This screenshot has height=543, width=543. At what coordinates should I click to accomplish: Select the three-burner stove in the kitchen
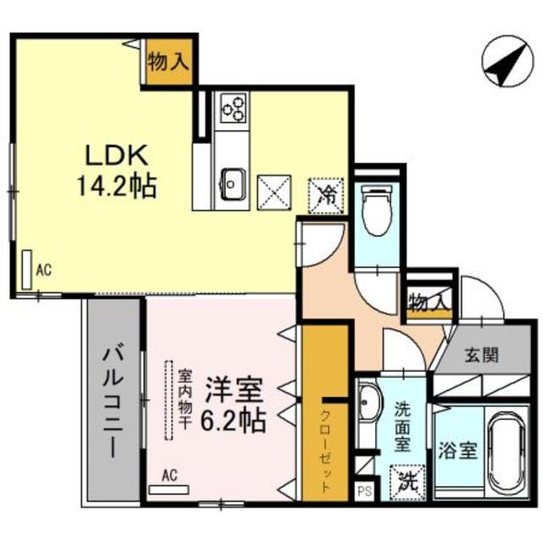tap(233, 108)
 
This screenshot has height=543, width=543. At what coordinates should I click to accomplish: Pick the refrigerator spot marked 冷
tap(326, 193)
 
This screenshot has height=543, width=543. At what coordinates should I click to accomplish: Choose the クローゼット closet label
tap(325, 450)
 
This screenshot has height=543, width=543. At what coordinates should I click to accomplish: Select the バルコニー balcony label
tap(112, 400)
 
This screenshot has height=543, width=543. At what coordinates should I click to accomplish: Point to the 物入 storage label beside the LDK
tap(168, 60)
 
